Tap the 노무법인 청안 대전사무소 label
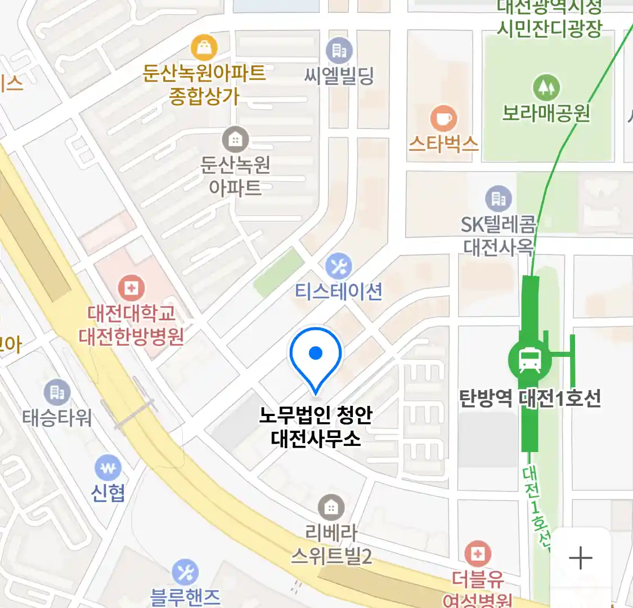point(316,426)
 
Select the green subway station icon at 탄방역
point(529,360)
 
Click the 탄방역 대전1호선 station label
point(530,399)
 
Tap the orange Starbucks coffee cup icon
point(444,119)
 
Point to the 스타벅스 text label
point(444,144)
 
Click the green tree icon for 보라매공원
point(546,87)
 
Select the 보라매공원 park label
point(546,113)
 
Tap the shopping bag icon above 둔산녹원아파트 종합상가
point(204,48)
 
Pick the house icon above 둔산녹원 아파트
point(235,139)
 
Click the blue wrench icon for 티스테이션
point(339,266)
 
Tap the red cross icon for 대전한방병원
point(131,289)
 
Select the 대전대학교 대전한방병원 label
point(131,325)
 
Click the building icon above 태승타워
point(57,392)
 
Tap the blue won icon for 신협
point(108,467)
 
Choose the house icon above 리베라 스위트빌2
point(331,508)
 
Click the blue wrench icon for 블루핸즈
point(185,572)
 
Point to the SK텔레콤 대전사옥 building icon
point(499,199)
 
